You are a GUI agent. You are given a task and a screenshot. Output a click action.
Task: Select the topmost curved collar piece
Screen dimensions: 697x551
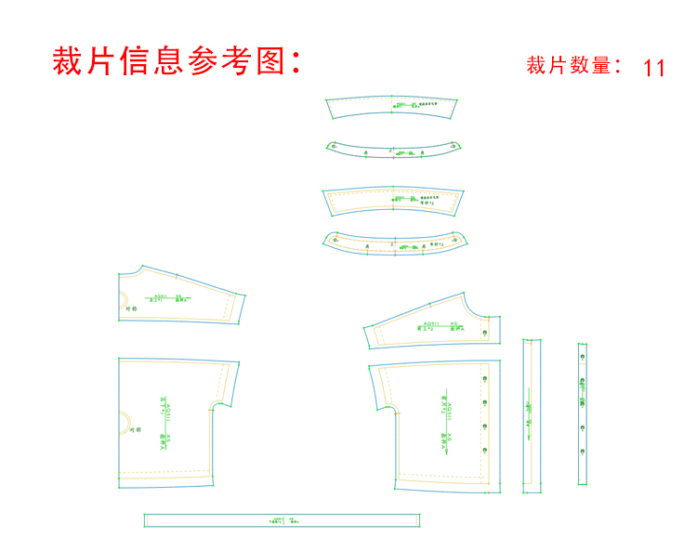tap(394, 108)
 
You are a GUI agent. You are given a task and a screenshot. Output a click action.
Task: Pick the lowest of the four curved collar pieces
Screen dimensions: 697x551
tap(395, 242)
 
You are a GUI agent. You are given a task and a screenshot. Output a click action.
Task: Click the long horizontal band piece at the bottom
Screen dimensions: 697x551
tap(282, 520)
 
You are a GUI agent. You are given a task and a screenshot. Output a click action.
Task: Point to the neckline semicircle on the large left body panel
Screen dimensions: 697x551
tap(125, 423)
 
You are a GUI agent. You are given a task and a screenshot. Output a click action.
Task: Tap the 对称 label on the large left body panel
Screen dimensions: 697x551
tap(134, 429)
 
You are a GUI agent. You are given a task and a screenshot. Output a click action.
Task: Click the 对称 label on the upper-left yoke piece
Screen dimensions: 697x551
tap(132, 308)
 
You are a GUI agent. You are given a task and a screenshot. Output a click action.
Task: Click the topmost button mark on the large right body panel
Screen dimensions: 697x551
tap(485, 379)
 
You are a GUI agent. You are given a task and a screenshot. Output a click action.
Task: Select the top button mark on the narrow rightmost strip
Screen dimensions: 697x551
tap(583, 358)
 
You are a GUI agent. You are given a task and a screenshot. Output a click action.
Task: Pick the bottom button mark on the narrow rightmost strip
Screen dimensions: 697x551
tap(583, 453)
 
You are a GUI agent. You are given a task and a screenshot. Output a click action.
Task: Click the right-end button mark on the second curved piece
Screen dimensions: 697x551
tap(453, 145)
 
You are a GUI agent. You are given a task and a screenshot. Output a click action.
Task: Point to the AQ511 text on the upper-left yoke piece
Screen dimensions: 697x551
tap(159, 295)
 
